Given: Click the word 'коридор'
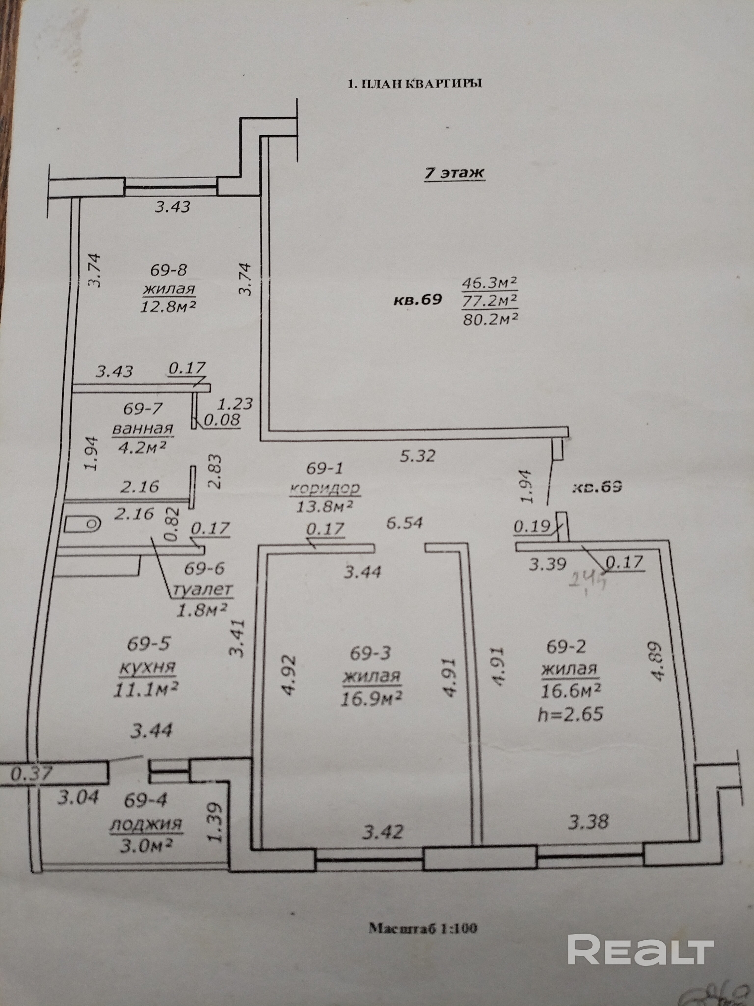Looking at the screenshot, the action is pos(324,489).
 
